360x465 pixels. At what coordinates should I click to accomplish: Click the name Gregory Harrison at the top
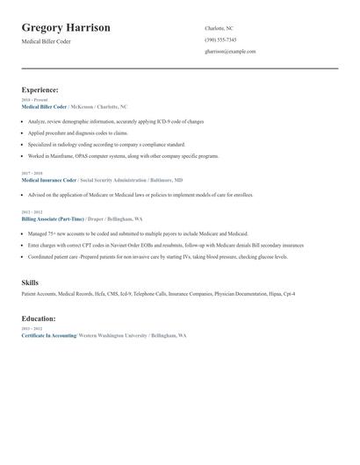click(x=66, y=28)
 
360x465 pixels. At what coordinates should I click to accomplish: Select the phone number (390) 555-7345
click(x=220, y=39)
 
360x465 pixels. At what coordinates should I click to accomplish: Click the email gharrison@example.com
click(x=230, y=51)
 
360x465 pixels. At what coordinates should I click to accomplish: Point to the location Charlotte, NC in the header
click(x=219, y=28)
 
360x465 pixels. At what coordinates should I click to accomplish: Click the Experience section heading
click(x=40, y=89)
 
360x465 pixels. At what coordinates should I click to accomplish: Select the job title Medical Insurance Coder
click(x=51, y=179)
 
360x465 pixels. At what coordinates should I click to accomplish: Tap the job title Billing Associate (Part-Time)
click(x=53, y=218)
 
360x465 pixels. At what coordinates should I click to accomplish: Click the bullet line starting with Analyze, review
click(x=115, y=121)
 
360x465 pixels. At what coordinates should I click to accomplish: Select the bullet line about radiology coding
click(x=106, y=144)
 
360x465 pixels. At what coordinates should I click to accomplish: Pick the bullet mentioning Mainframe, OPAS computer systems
click(x=123, y=155)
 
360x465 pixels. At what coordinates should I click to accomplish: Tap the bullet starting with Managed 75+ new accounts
click(x=138, y=234)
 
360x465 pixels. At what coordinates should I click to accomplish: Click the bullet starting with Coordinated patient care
click(x=157, y=257)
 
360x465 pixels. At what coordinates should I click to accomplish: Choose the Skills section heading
click(x=30, y=283)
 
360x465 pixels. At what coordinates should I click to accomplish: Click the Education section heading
click(x=39, y=318)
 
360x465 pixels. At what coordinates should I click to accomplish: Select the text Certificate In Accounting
click(x=49, y=335)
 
